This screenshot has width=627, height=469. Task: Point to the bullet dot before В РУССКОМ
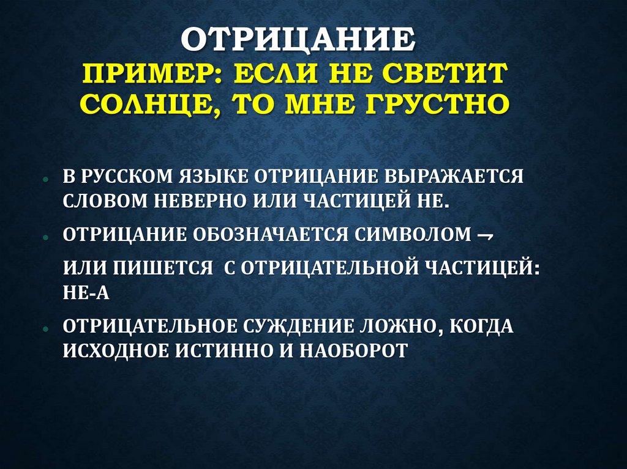point(47,179)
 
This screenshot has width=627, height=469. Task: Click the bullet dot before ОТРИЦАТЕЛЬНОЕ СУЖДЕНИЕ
point(47,328)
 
